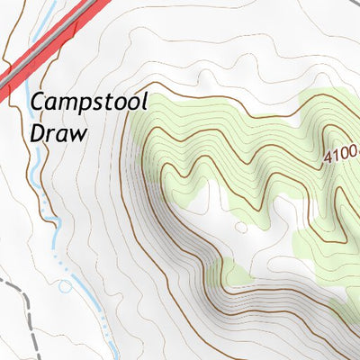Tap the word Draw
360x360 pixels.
pyautogui.click(x=59, y=133)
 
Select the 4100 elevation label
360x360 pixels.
pyautogui.click(x=341, y=154)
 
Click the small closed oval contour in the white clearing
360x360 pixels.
pyautogui.click(x=240, y=227)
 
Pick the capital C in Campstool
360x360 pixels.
pyautogui.click(x=38, y=104)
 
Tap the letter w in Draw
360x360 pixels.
pyautogui.click(x=79, y=134)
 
